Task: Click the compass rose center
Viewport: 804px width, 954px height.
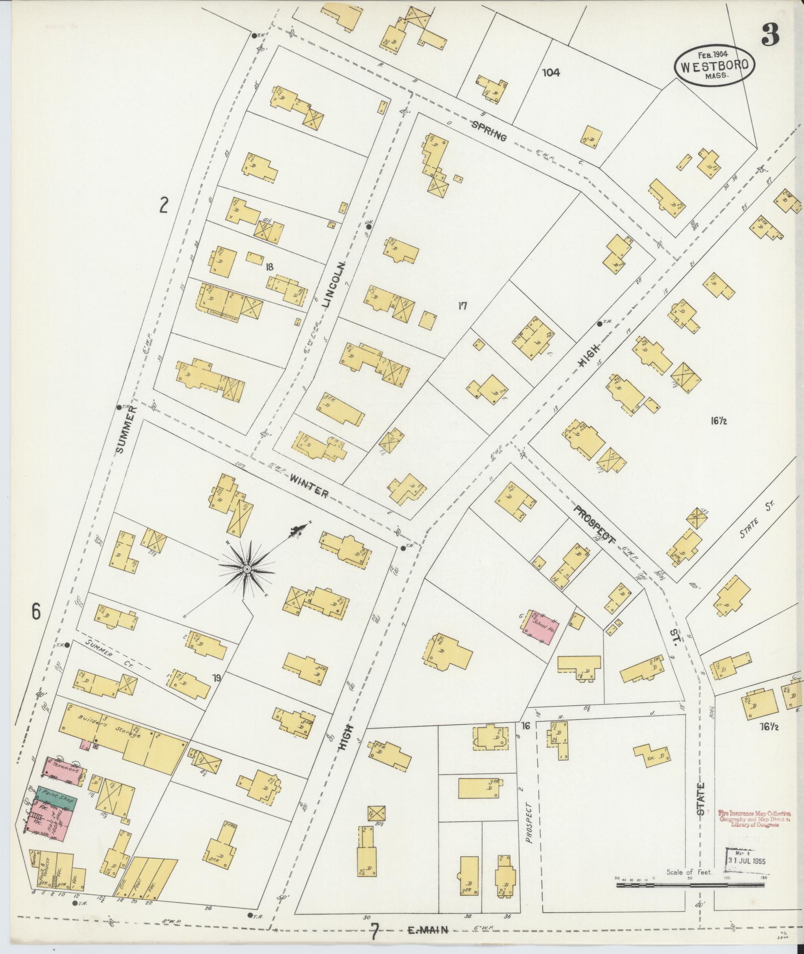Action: pos(247,568)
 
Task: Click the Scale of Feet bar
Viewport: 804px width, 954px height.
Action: pos(690,885)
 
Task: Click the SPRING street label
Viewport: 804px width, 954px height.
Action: pos(489,131)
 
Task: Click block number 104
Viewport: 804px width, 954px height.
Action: pos(551,73)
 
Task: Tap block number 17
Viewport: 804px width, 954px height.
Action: pos(462,306)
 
